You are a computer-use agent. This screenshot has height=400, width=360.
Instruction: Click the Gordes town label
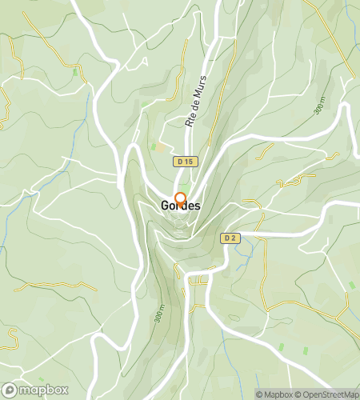point(180,206)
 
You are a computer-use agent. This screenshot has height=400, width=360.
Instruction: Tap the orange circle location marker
point(180,199)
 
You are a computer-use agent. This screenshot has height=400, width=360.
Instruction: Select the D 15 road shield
point(185,162)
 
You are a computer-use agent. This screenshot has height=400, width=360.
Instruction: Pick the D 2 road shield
point(230,238)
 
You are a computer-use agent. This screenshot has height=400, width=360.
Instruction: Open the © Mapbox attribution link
point(274,394)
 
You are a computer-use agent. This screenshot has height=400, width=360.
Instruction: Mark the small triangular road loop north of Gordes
point(144,62)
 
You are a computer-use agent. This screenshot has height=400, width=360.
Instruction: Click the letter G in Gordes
point(165,206)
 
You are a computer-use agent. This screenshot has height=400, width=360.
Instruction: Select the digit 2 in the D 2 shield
point(234,238)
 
